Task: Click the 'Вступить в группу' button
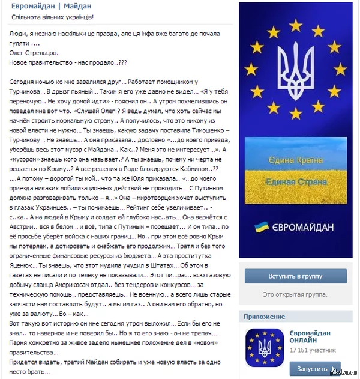pyautogui.click(x=296, y=276)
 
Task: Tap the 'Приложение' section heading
pyautogui.click(x=265, y=317)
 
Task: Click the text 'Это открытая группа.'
pyautogui.click(x=296, y=294)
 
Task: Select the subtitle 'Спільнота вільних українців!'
pyautogui.click(x=53, y=18)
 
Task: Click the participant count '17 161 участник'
pyautogui.click(x=313, y=349)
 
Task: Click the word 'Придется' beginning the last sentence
pyautogui.click(x=25, y=363)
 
